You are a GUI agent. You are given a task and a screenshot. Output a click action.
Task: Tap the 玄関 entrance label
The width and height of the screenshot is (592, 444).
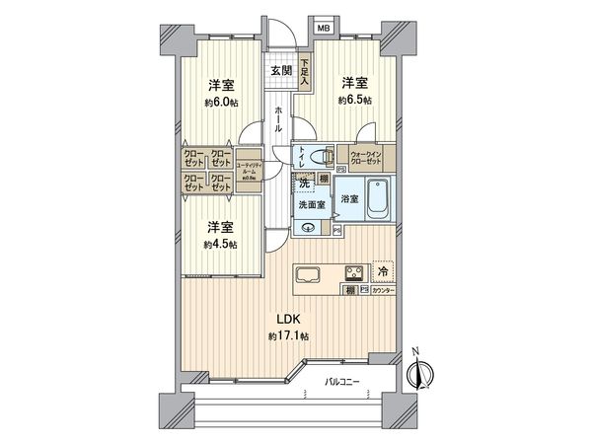281,71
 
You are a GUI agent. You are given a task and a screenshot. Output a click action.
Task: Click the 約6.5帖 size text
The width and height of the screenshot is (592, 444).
354,101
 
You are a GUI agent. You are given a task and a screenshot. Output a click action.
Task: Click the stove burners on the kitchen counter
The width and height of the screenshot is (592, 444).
352,272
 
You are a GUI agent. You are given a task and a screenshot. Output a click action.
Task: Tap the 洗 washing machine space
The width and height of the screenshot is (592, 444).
304,185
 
